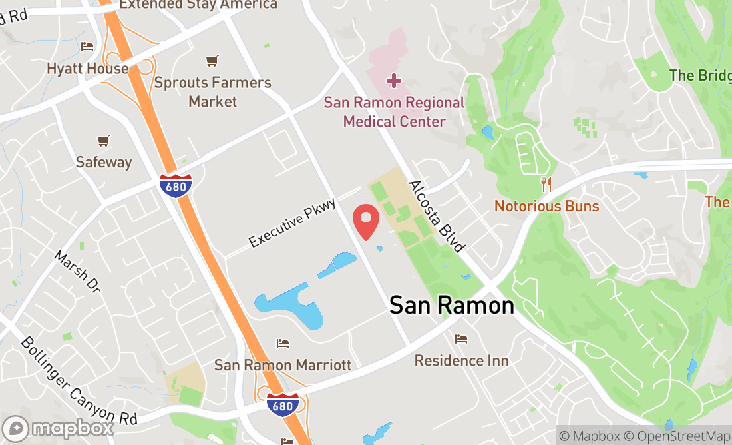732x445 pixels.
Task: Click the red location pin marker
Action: pos(365,221)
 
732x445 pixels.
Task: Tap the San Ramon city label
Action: pos(451,306)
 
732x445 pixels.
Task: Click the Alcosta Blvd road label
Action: pos(437,216)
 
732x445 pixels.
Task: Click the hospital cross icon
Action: pos(394,81)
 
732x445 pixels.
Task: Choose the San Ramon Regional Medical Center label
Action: pos(394,112)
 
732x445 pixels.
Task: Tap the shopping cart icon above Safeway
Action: pos(103,141)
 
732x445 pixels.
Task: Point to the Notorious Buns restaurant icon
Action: pos(546,185)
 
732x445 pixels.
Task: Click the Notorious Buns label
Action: pos(546,206)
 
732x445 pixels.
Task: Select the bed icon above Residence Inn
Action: pos(461,339)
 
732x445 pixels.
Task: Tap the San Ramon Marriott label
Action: pos(283,365)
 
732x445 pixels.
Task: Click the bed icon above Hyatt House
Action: pos(87,47)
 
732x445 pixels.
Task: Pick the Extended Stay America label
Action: pos(198,5)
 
